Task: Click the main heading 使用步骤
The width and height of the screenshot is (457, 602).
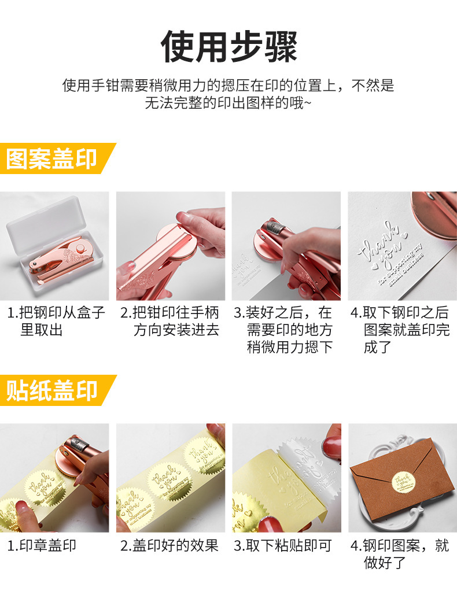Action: click(x=228, y=46)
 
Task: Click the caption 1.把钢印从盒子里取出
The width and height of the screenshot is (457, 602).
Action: click(x=56, y=322)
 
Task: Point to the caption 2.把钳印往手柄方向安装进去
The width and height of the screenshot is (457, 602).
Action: click(x=170, y=322)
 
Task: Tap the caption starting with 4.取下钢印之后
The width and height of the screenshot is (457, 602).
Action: click(x=400, y=330)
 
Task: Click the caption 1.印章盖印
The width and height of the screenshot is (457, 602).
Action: click(x=42, y=545)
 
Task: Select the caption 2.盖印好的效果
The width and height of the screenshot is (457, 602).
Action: click(x=169, y=545)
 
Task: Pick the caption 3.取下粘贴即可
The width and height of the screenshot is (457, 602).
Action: click(x=283, y=545)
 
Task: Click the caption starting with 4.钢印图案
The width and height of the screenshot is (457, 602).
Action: click(x=400, y=553)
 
